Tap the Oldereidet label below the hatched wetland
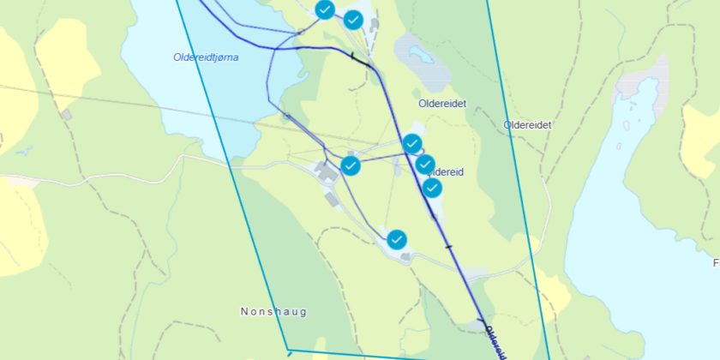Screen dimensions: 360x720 tap(441, 103)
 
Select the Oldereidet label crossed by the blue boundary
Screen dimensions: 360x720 tap(527, 124)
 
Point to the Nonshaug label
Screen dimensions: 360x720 tap(273, 312)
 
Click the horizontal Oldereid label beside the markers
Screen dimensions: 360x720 tap(445, 171)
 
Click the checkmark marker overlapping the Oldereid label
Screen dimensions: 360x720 tap(426, 164)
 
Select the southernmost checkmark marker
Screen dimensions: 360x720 tap(397, 239)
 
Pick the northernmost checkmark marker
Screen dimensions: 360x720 tap(325, 9)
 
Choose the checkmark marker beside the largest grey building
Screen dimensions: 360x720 tap(351, 165)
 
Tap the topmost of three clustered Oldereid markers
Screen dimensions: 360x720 tap(412, 143)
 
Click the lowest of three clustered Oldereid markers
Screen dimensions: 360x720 tap(433, 188)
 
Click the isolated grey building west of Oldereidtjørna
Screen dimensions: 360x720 tap(67, 114)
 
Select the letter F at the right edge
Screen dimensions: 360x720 tap(716, 262)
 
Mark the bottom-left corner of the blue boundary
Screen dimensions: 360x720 tap(288, 351)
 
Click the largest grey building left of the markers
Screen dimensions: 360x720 tap(326, 172)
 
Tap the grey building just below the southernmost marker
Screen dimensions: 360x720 tap(404, 255)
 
